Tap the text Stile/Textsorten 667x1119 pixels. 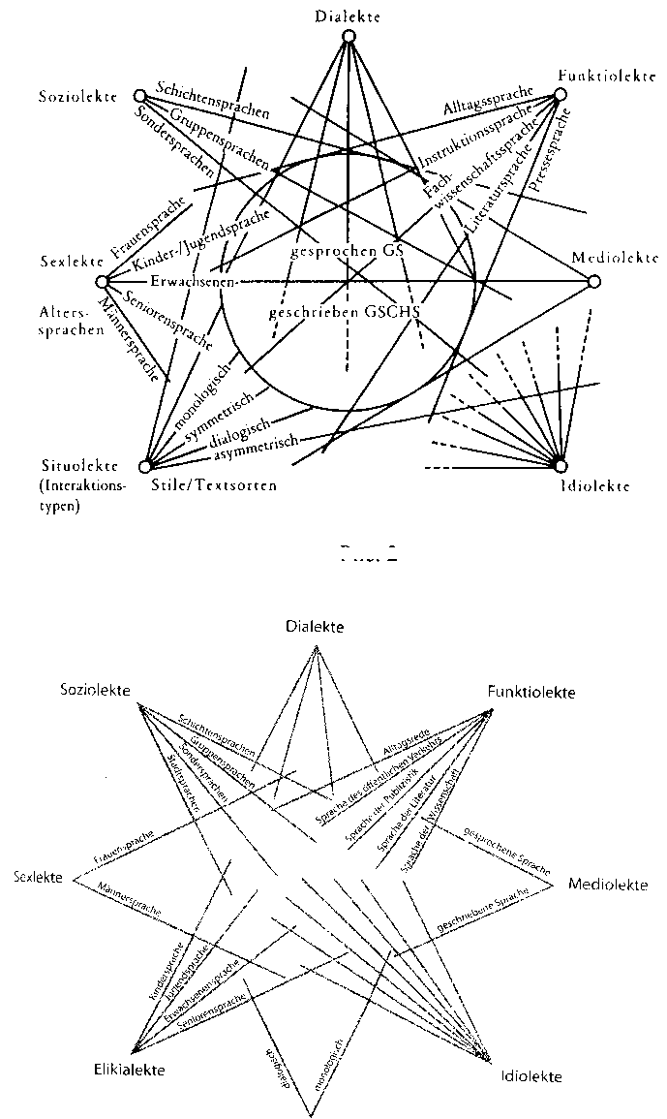[213, 484]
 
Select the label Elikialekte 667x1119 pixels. [129, 1071]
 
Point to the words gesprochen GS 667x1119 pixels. [346, 250]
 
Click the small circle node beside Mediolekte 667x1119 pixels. [595, 281]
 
